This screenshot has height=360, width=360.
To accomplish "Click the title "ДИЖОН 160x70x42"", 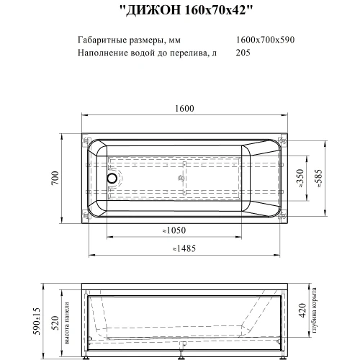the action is pyautogui.click(x=186, y=10).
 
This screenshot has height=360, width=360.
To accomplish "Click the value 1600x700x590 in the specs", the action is pyautogui.click(x=265, y=40).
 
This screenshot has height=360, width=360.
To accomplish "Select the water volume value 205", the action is pyautogui.click(x=243, y=53).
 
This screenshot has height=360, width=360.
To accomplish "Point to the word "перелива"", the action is pyautogui.click(x=188, y=53).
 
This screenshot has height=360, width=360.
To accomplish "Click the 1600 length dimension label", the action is pyautogui.click(x=184, y=109).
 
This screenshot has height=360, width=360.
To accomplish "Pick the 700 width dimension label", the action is pyautogui.click(x=55, y=178).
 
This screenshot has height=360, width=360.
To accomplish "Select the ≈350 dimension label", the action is pyautogui.click(x=300, y=178).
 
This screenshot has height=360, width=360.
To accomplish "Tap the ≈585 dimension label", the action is pyautogui.click(x=319, y=178).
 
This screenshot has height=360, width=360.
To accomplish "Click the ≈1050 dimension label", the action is pyautogui.click(x=174, y=230).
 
